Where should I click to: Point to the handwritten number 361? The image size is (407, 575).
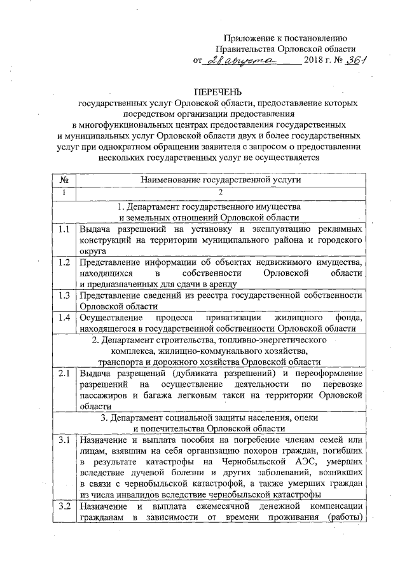tap(358, 60)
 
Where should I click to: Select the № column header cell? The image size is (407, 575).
tap(64, 180)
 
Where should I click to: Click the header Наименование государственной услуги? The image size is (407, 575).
tap(221, 180)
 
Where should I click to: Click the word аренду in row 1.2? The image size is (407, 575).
tap(221, 284)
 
